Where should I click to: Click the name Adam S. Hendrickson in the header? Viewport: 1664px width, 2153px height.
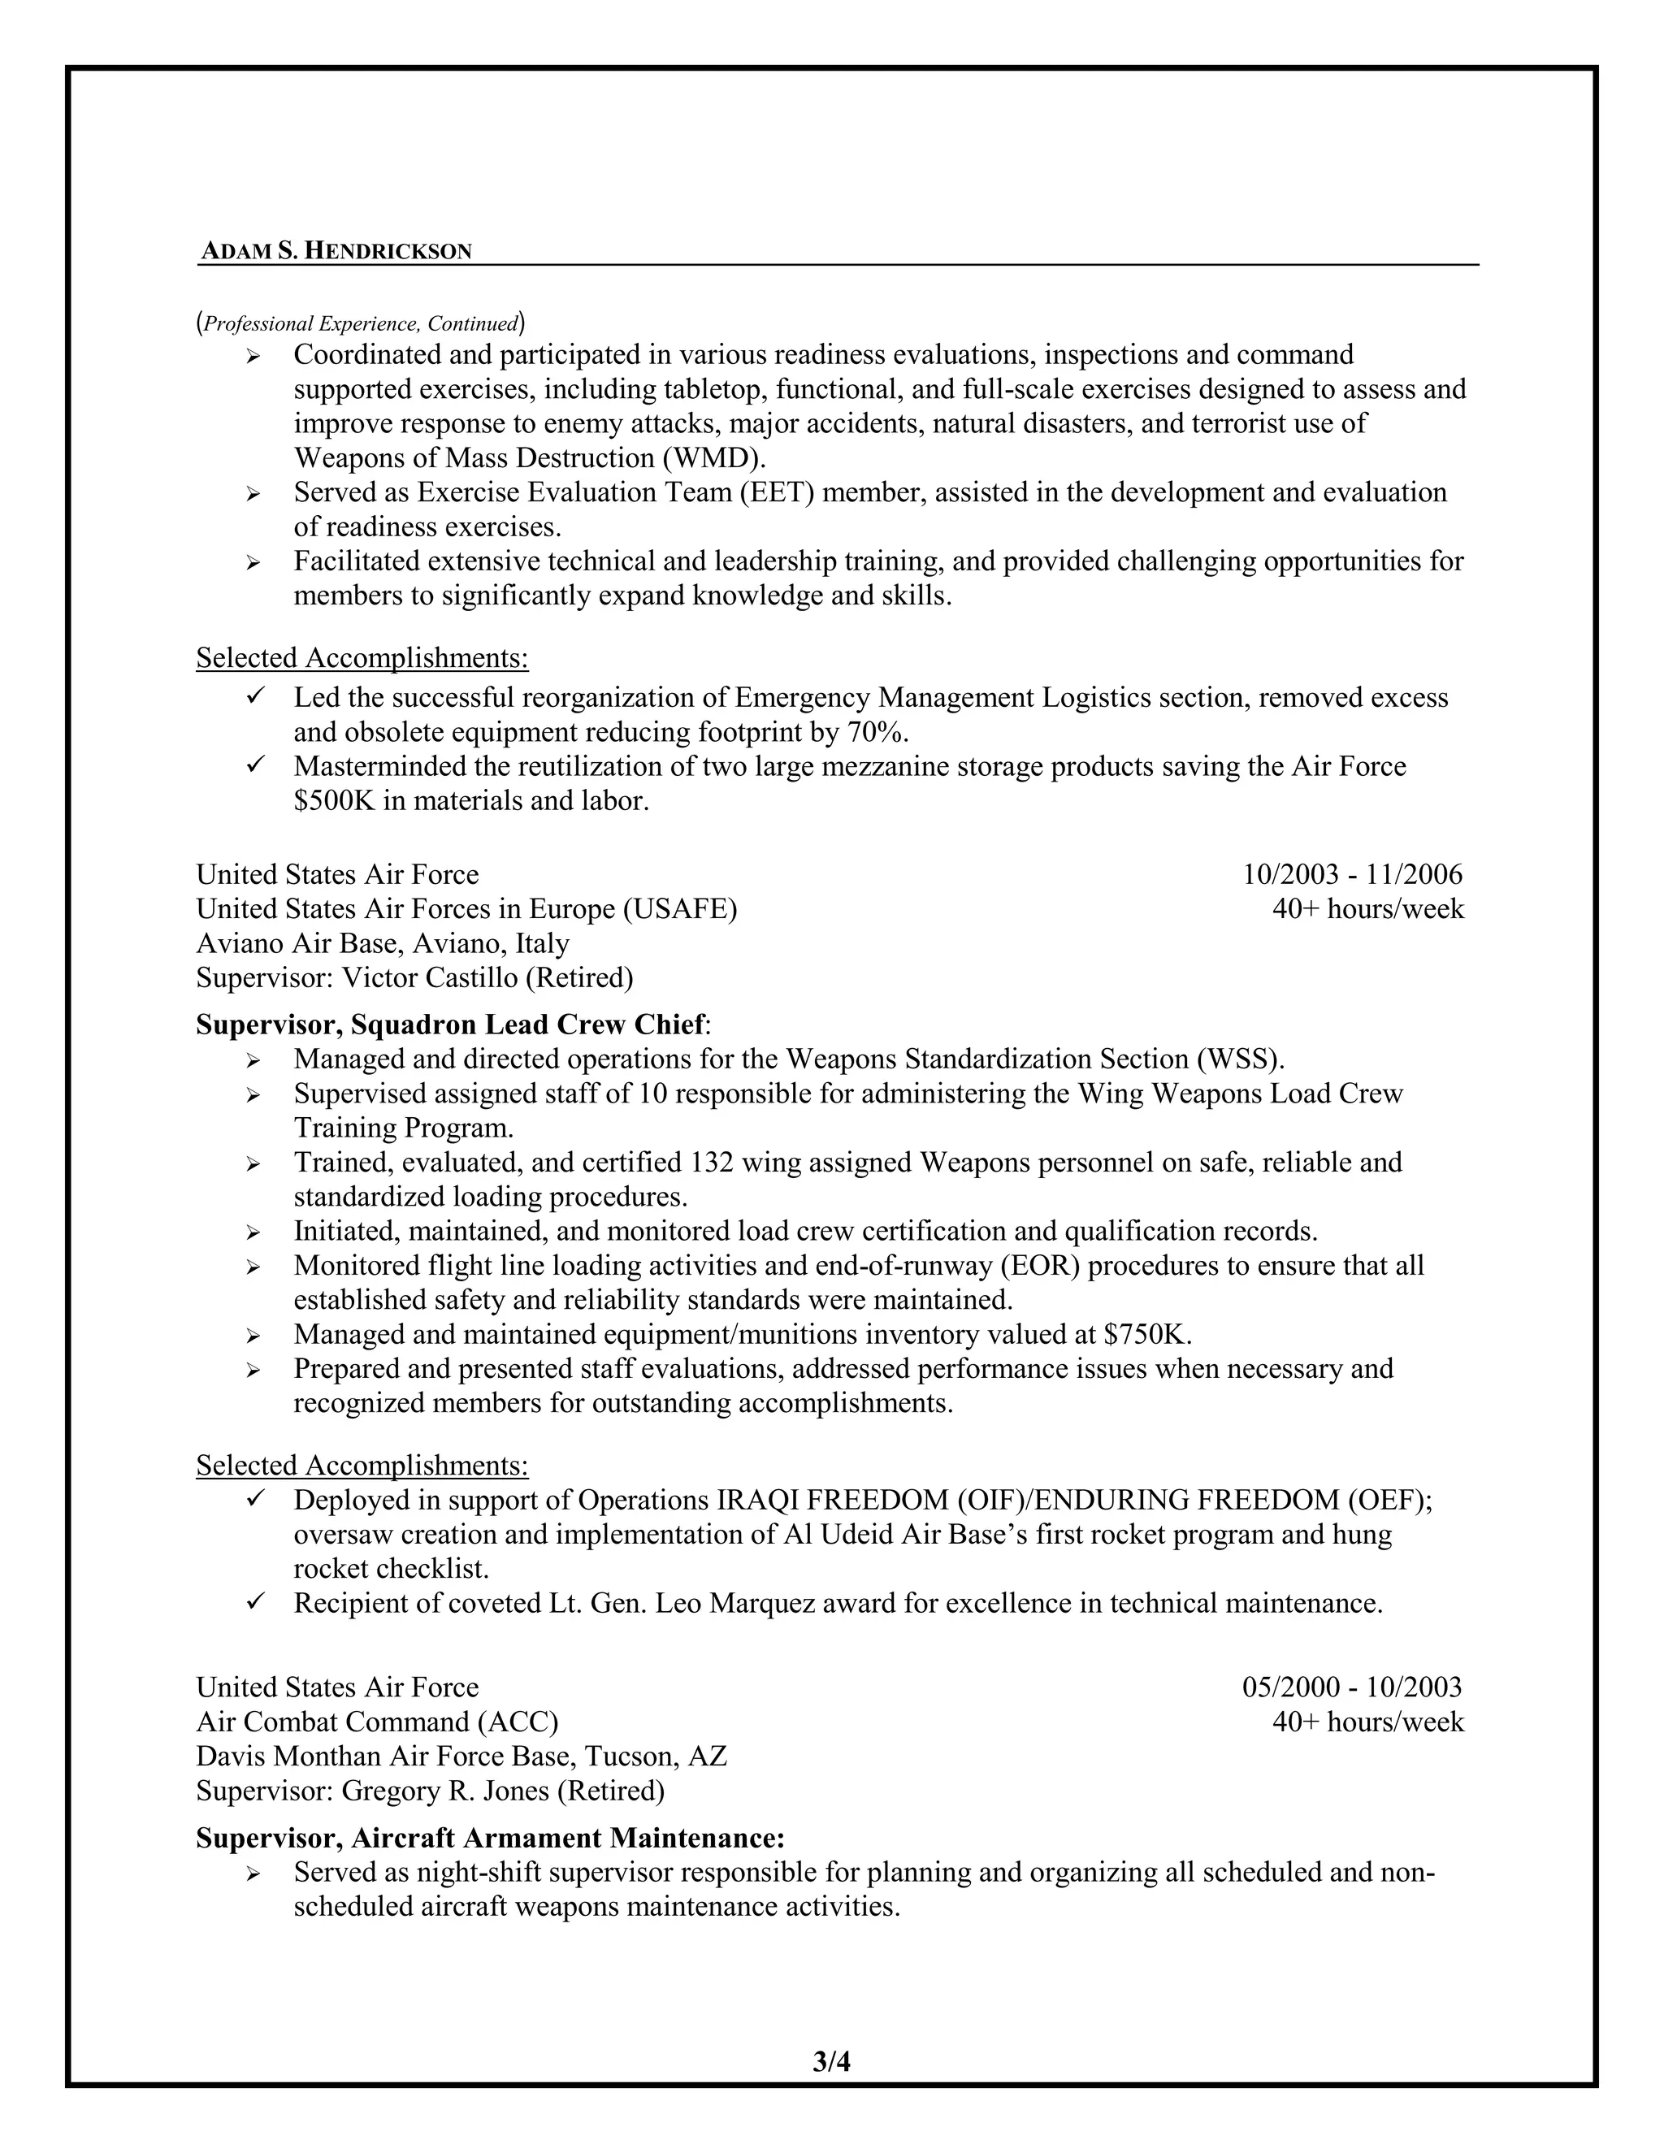(x=336, y=251)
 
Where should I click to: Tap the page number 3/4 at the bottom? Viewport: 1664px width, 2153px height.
(x=831, y=2061)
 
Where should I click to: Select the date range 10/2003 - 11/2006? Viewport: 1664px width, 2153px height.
(x=1351, y=874)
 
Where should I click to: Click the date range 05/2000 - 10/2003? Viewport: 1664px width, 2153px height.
(x=1351, y=1687)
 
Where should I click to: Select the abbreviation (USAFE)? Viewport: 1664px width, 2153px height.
(x=679, y=909)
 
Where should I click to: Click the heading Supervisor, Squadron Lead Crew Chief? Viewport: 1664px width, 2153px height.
(x=450, y=1025)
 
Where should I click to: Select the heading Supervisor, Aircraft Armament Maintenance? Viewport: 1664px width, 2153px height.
(x=490, y=1838)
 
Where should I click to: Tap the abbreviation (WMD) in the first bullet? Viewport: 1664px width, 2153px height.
(x=713, y=458)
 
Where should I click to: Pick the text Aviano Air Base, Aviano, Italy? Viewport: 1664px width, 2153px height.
(x=383, y=943)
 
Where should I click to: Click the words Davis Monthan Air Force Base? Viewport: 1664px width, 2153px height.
(x=385, y=1756)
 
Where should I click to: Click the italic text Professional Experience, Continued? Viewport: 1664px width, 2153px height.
(x=361, y=323)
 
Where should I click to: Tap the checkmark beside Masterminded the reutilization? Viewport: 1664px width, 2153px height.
(x=254, y=765)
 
